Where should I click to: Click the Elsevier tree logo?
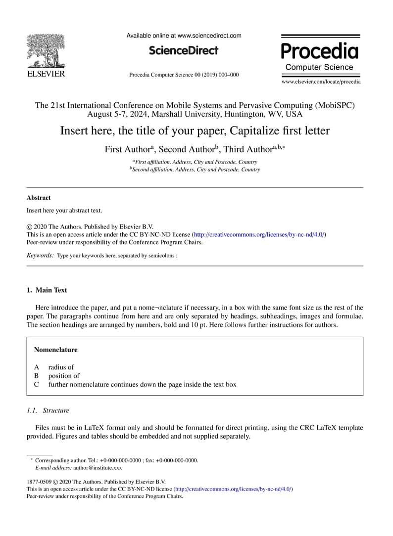point(46,50)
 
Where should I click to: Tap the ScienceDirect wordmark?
point(183,50)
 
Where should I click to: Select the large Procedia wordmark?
point(320,50)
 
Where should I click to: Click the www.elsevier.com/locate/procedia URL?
point(321,82)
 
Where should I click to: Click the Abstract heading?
point(39,198)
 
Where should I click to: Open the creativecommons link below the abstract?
point(258,234)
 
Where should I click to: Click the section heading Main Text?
point(51,290)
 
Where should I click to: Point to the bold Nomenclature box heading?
point(55,350)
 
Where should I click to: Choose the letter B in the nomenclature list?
point(36,376)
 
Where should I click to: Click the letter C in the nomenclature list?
point(36,384)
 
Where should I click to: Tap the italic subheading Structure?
point(56,410)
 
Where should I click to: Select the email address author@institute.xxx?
point(98,467)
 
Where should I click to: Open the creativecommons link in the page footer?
point(234,489)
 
